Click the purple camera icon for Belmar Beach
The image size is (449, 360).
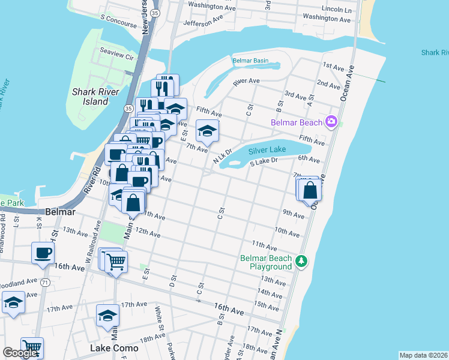(331, 122)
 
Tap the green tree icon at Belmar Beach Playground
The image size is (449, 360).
(301, 262)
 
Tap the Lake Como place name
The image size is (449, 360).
(113, 348)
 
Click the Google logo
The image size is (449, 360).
(20, 353)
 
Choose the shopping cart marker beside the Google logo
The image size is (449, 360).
(32, 348)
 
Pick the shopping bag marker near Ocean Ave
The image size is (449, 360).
(310, 190)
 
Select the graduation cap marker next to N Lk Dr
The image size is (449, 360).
(207, 131)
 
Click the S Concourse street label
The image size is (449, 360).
(119, 19)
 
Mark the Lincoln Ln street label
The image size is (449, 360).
(337, 10)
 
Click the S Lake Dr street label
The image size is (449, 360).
(264, 161)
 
